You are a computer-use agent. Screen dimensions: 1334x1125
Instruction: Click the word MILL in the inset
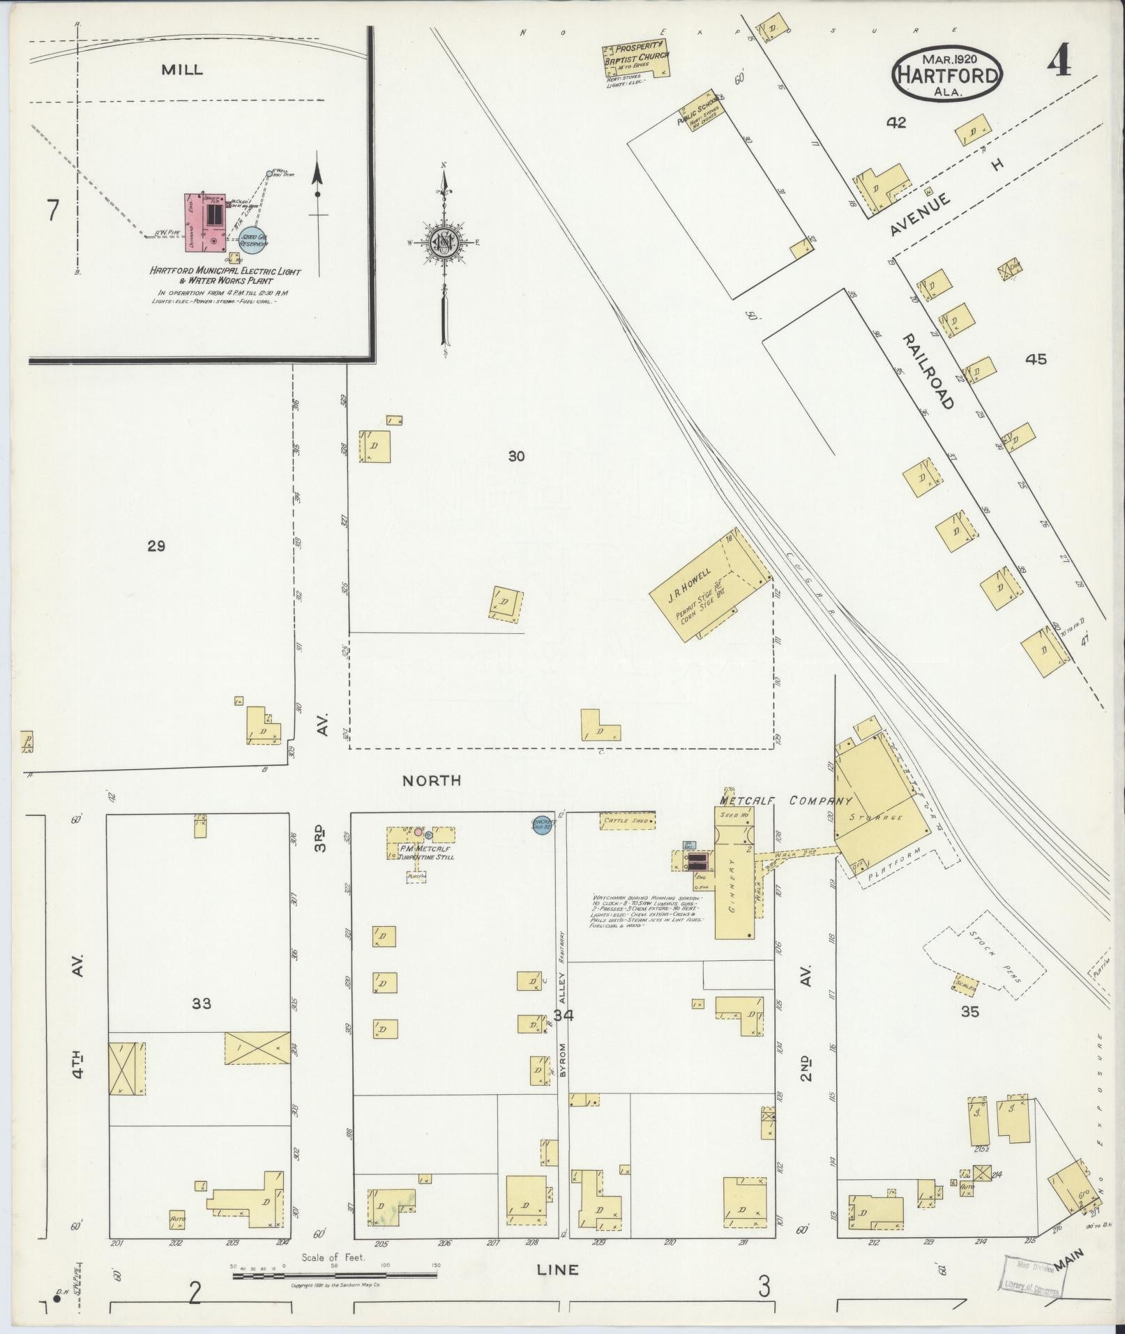pyautogui.click(x=182, y=70)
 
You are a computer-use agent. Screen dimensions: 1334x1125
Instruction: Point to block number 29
pyautogui.click(x=156, y=546)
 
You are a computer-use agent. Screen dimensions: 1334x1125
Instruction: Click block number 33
pyautogui.click(x=202, y=1003)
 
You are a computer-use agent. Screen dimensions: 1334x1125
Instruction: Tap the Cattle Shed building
pyautogui.click(x=627, y=821)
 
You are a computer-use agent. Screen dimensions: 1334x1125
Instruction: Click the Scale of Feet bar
pyautogui.click(x=335, y=1275)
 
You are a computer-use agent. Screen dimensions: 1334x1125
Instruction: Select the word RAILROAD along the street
pyautogui.click(x=927, y=371)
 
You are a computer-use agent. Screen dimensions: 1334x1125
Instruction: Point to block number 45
pyautogui.click(x=1036, y=360)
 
